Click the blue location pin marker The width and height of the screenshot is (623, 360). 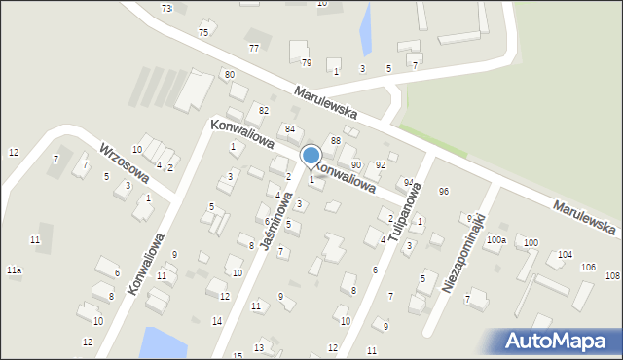(311, 156)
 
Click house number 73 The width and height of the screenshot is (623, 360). (166, 8)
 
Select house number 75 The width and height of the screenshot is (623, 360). (202, 32)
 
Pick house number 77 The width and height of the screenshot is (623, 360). (254, 48)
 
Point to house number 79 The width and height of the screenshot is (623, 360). (306, 63)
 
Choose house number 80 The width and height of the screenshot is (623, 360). (229, 75)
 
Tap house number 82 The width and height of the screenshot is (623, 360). (263, 110)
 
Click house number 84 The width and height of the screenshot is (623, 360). (289, 129)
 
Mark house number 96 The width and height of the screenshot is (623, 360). (444, 191)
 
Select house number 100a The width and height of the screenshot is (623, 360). (496, 239)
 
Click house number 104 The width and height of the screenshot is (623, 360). (566, 254)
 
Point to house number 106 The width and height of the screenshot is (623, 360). (588, 267)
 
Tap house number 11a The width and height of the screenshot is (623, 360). (14, 270)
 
